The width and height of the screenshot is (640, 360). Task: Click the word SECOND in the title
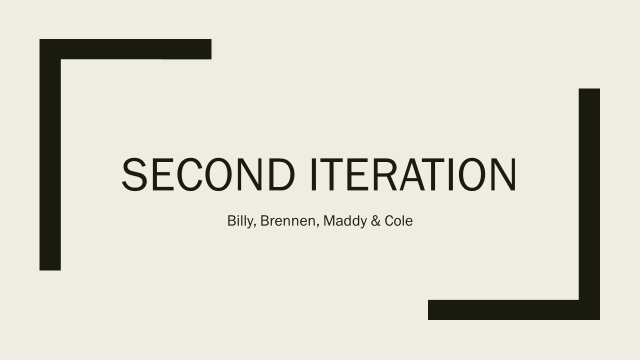click(208, 174)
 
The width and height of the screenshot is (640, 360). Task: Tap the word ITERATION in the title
click(413, 174)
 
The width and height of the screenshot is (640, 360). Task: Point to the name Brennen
click(287, 220)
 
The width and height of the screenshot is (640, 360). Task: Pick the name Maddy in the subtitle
click(345, 221)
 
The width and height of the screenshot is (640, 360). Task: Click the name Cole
click(398, 221)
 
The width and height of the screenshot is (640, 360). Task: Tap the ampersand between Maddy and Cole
click(375, 221)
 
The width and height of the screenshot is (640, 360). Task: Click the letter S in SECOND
click(134, 174)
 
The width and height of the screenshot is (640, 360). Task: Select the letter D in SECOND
click(281, 174)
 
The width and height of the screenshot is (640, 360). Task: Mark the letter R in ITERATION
click(381, 174)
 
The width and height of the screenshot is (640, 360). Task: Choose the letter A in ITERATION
click(412, 174)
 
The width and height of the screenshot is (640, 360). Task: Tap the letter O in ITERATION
click(472, 174)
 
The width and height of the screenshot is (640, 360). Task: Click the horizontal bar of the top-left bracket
click(125, 49)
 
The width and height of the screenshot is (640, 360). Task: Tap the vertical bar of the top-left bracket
click(50, 154)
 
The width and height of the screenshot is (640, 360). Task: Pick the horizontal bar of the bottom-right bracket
click(513, 309)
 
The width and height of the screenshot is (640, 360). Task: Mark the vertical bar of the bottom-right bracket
click(589, 204)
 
